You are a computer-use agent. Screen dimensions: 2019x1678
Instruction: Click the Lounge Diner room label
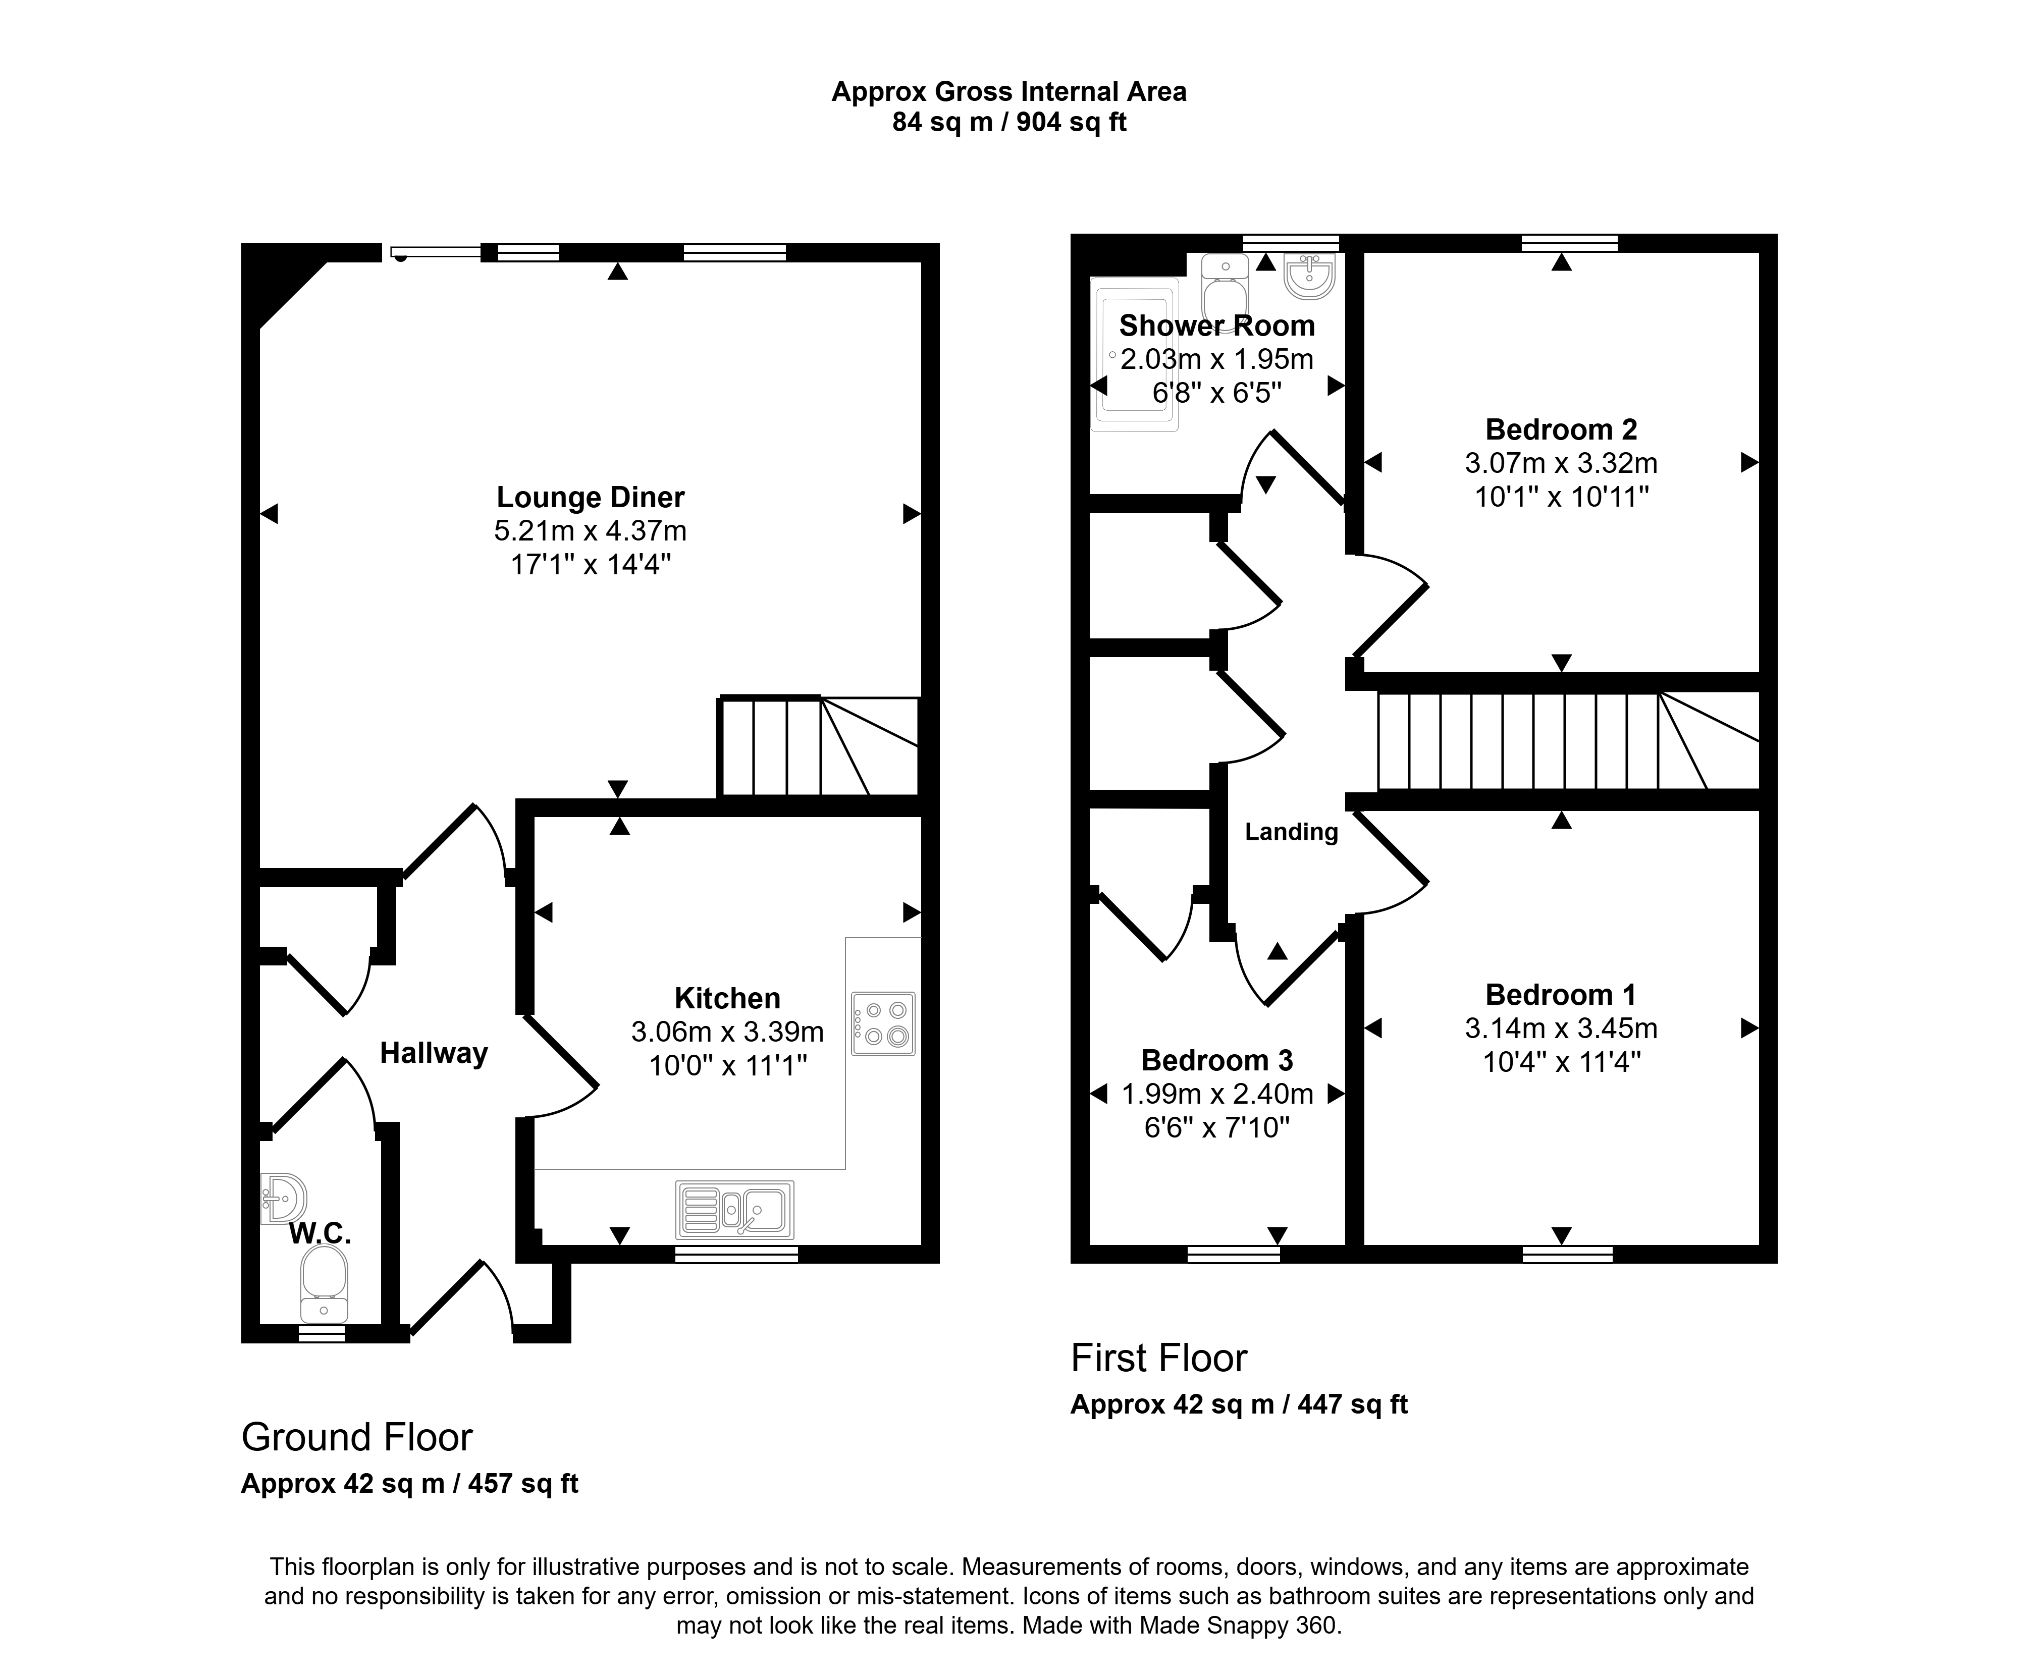(x=591, y=497)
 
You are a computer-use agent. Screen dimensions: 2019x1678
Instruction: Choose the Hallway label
(x=434, y=1053)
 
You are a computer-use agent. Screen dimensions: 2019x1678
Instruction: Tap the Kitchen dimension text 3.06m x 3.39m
(x=728, y=1032)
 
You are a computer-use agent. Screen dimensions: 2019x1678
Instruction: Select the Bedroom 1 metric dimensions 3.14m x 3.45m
(x=1561, y=1029)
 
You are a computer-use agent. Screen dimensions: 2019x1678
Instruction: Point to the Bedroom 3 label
(x=1217, y=1060)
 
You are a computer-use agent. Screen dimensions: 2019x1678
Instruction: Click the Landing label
(x=1291, y=832)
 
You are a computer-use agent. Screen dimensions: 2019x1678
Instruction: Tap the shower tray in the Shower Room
(x=1134, y=354)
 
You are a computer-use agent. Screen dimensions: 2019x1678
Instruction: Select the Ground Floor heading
(x=357, y=1438)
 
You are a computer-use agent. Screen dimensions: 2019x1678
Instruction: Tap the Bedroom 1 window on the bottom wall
(x=1568, y=1254)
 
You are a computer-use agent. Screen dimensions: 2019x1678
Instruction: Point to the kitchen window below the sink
(x=736, y=1254)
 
